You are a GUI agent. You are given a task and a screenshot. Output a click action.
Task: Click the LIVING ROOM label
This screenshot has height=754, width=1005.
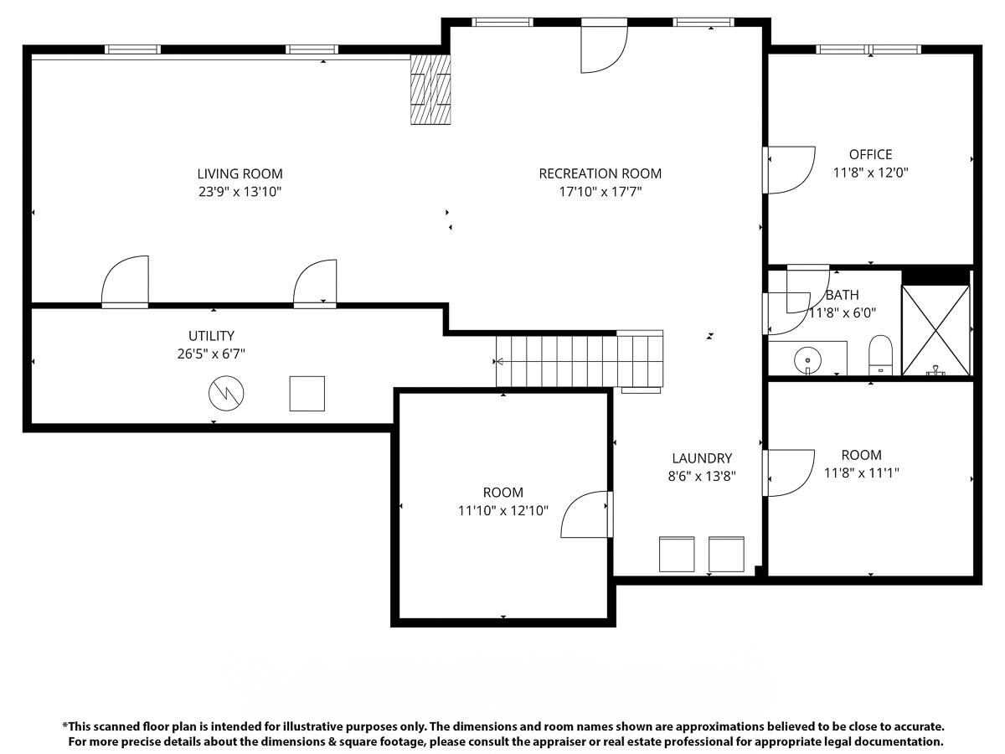(x=240, y=174)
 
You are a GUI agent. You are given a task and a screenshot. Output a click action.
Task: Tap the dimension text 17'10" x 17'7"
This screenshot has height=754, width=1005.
(x=600, y=192)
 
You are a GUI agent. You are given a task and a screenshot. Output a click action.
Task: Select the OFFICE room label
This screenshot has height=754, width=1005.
(x=870, y=154)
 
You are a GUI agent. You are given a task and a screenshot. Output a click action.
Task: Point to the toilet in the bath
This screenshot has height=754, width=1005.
(x=880, y=355)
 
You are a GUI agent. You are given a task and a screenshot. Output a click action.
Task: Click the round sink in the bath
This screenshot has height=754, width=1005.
(x=807, y=360)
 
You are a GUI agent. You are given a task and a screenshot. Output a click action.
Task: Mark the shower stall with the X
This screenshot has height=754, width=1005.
(x=935, y=329)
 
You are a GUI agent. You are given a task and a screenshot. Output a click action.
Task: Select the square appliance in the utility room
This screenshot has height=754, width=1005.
(x=307, y=394)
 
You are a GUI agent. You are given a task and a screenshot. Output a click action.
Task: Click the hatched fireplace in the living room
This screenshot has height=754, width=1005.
(x=430, y=90)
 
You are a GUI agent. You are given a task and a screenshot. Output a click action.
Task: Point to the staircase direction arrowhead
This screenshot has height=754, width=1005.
(x=499, y=362)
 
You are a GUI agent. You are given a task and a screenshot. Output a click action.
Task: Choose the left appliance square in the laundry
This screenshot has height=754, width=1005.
(x=677, y=554)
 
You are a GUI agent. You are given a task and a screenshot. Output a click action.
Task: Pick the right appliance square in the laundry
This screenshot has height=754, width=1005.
(x=726, y=554)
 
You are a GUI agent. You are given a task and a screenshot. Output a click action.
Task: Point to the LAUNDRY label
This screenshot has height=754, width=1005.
(x=702, y=458)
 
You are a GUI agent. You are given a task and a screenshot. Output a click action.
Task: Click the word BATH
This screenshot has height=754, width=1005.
(x=842, y=295)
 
